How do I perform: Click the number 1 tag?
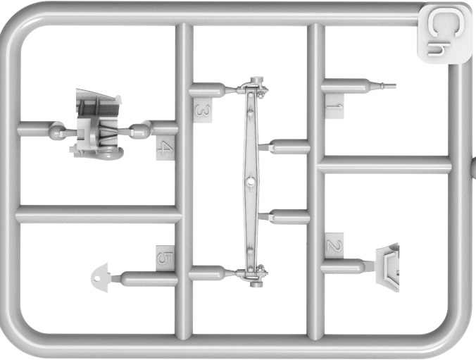[x=335, y=106]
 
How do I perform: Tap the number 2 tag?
[x=334, y=245]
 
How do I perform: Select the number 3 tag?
[x=203, y=111]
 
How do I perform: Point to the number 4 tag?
[x=165, y=148]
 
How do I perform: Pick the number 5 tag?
[x=165, y=259]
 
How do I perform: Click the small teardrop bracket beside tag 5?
[x=99, y=278]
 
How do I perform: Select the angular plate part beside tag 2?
[x=387, y=267]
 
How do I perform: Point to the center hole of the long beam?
[x=250, y=181]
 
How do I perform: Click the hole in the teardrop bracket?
[x=97, y=278]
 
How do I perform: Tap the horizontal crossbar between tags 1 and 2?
[x=384, y=165]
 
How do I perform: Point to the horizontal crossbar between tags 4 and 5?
[x=99, y=214]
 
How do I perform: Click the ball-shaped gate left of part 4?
[x=56, y=130]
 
